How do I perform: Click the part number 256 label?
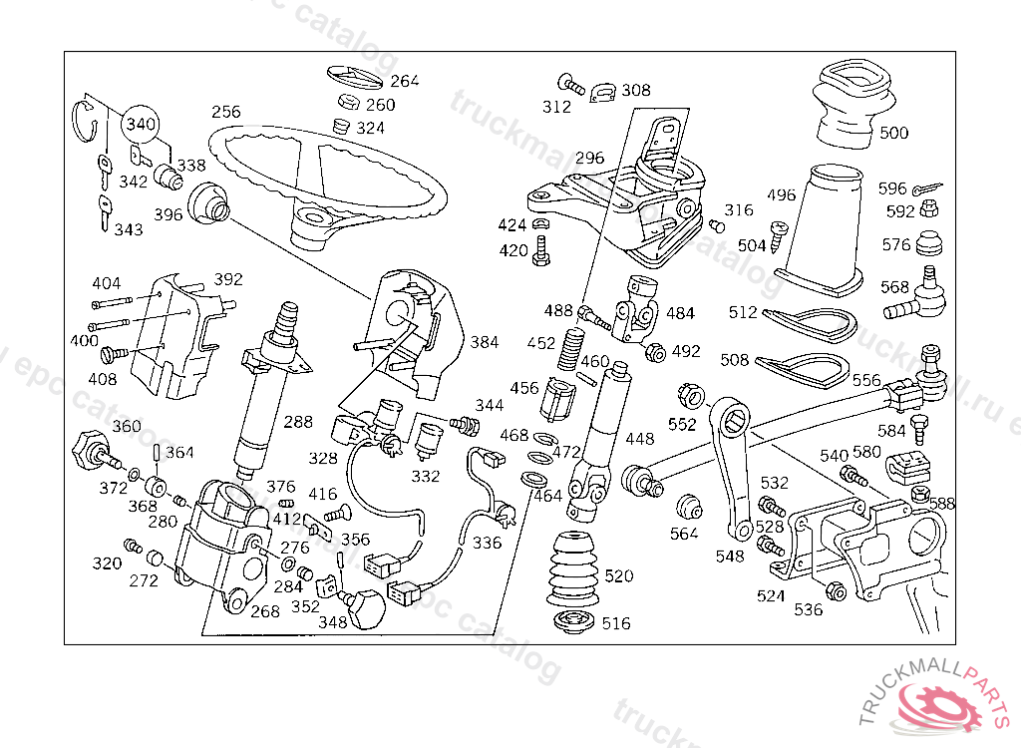226,112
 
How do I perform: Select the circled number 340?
141,124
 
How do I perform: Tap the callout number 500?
893,133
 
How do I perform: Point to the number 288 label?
297,422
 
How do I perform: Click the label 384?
485,342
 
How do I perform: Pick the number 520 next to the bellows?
618,576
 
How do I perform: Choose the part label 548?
730,557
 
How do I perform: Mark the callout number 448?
639,438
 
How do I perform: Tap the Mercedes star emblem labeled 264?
356,79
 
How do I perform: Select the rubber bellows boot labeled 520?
572,571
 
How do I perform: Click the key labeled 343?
104,212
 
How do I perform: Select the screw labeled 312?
571,85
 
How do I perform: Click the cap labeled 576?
929,244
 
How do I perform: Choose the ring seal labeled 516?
573,624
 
